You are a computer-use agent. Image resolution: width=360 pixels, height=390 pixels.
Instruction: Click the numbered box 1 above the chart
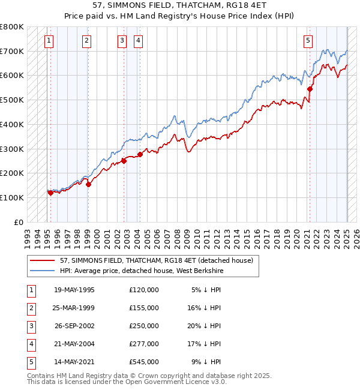click(49, 41)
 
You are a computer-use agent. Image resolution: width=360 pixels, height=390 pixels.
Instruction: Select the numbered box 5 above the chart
click(308, 41)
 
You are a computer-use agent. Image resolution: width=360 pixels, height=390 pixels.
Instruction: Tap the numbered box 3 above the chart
click(122, 41)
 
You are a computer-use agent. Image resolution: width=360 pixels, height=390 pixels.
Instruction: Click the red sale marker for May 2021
click(310, 89)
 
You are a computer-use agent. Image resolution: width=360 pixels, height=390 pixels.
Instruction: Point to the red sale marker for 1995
click(50, 193)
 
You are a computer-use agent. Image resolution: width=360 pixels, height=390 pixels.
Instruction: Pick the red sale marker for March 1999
click(88, 184)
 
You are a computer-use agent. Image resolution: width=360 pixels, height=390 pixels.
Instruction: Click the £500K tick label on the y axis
click(12, 100)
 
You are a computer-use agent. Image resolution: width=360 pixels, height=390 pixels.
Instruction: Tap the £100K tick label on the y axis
click(12, 197)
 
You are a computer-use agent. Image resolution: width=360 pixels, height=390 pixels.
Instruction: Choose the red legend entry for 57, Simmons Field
click(149, 260)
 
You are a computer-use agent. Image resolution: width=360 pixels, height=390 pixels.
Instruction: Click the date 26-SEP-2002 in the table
click(74, 326)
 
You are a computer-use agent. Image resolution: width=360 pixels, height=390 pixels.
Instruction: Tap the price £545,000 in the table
click(144, 362)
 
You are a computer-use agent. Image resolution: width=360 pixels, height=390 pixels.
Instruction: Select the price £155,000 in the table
click(144, 308)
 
